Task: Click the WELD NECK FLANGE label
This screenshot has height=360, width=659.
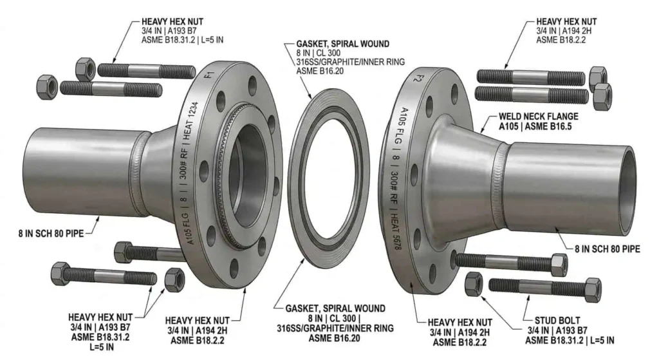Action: [x=539, y=117]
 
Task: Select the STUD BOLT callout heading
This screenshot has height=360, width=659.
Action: [x=557, y=321]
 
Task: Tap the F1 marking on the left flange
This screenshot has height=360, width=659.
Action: [x=209, y=76]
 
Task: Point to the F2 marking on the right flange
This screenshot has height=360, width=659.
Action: [x=417, y=78]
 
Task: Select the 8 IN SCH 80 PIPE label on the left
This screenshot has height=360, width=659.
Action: [x=51, y=233]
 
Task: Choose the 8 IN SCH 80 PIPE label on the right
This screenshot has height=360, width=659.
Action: [x=608, y=249]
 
